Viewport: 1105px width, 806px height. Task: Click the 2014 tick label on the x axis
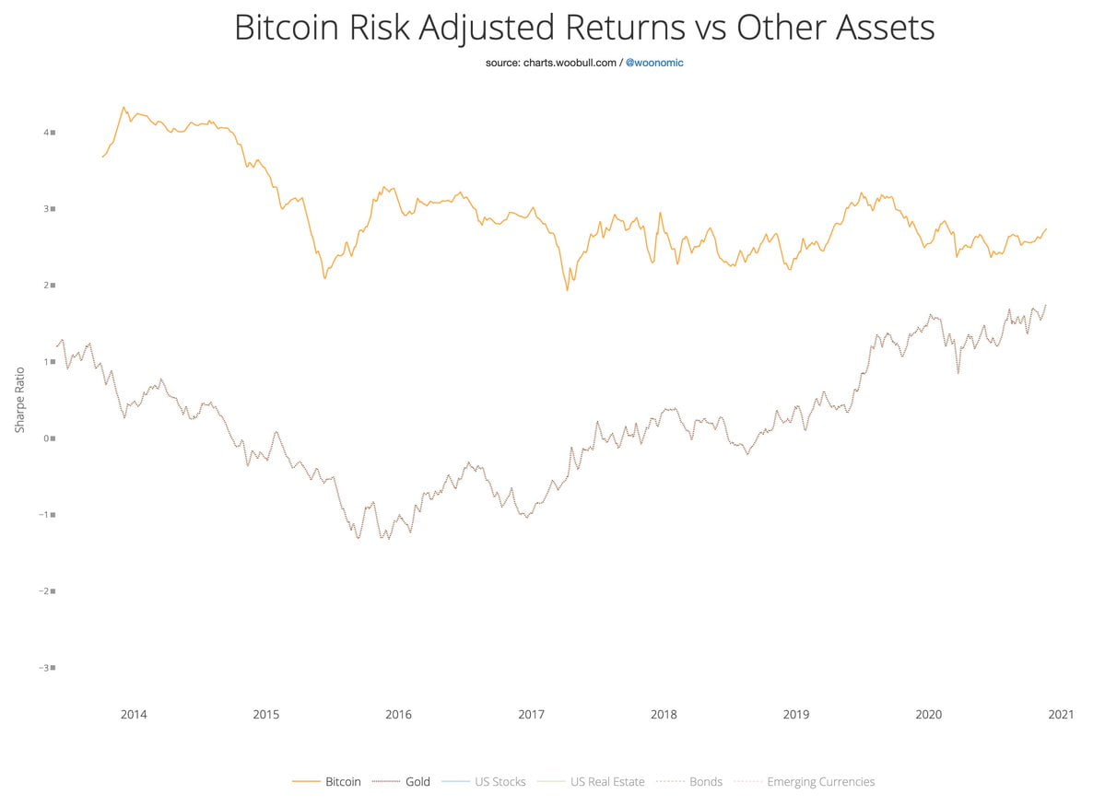(x=134, y=714)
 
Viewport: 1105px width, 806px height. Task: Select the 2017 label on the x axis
(x=531, y=714)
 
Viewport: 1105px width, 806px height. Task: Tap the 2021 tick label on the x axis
(x=1061, y=714)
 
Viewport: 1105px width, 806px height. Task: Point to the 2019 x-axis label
(x=795, y=714)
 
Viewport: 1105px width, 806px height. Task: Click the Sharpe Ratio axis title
(x=19, y=400)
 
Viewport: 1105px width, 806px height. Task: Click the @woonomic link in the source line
(x=654, y=63)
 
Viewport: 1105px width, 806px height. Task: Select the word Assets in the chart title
(x=882, y=28)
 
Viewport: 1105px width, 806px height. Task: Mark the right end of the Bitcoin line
(x=1047, y=228)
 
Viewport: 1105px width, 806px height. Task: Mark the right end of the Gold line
(x=1047, y=305)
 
